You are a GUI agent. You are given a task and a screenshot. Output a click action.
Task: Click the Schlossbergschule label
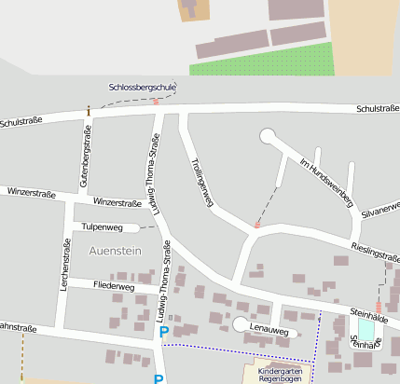pos(142,87)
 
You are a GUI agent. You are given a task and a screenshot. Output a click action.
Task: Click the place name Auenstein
pos(117,251)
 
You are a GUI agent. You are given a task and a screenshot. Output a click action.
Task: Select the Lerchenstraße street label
pos(65,266)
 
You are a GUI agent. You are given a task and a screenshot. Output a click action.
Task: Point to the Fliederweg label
pos(114,288)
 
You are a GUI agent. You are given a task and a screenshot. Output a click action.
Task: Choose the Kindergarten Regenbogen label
pos(281,375)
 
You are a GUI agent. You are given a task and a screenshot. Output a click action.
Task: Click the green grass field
pos(261,59)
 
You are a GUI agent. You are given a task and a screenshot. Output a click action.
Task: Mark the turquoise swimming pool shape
pos(366,330)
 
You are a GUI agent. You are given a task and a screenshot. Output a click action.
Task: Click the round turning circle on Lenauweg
pos(241,324)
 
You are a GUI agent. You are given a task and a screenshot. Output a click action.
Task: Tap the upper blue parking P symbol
pos(164,331)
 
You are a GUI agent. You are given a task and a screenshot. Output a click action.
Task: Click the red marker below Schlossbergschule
pos(156,102)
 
